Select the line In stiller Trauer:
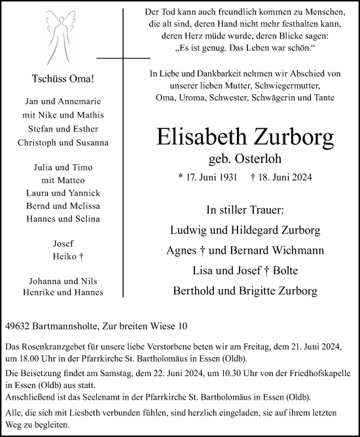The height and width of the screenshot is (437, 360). click(x=245, y=210)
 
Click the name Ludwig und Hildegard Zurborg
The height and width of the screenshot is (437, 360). click(x=245, y=231)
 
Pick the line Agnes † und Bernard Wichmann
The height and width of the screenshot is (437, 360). click(x=245, y=251)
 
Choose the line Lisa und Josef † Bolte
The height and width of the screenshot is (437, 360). click(x=245, y=271)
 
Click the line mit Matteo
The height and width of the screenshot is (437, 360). click(x=63, y=180)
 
